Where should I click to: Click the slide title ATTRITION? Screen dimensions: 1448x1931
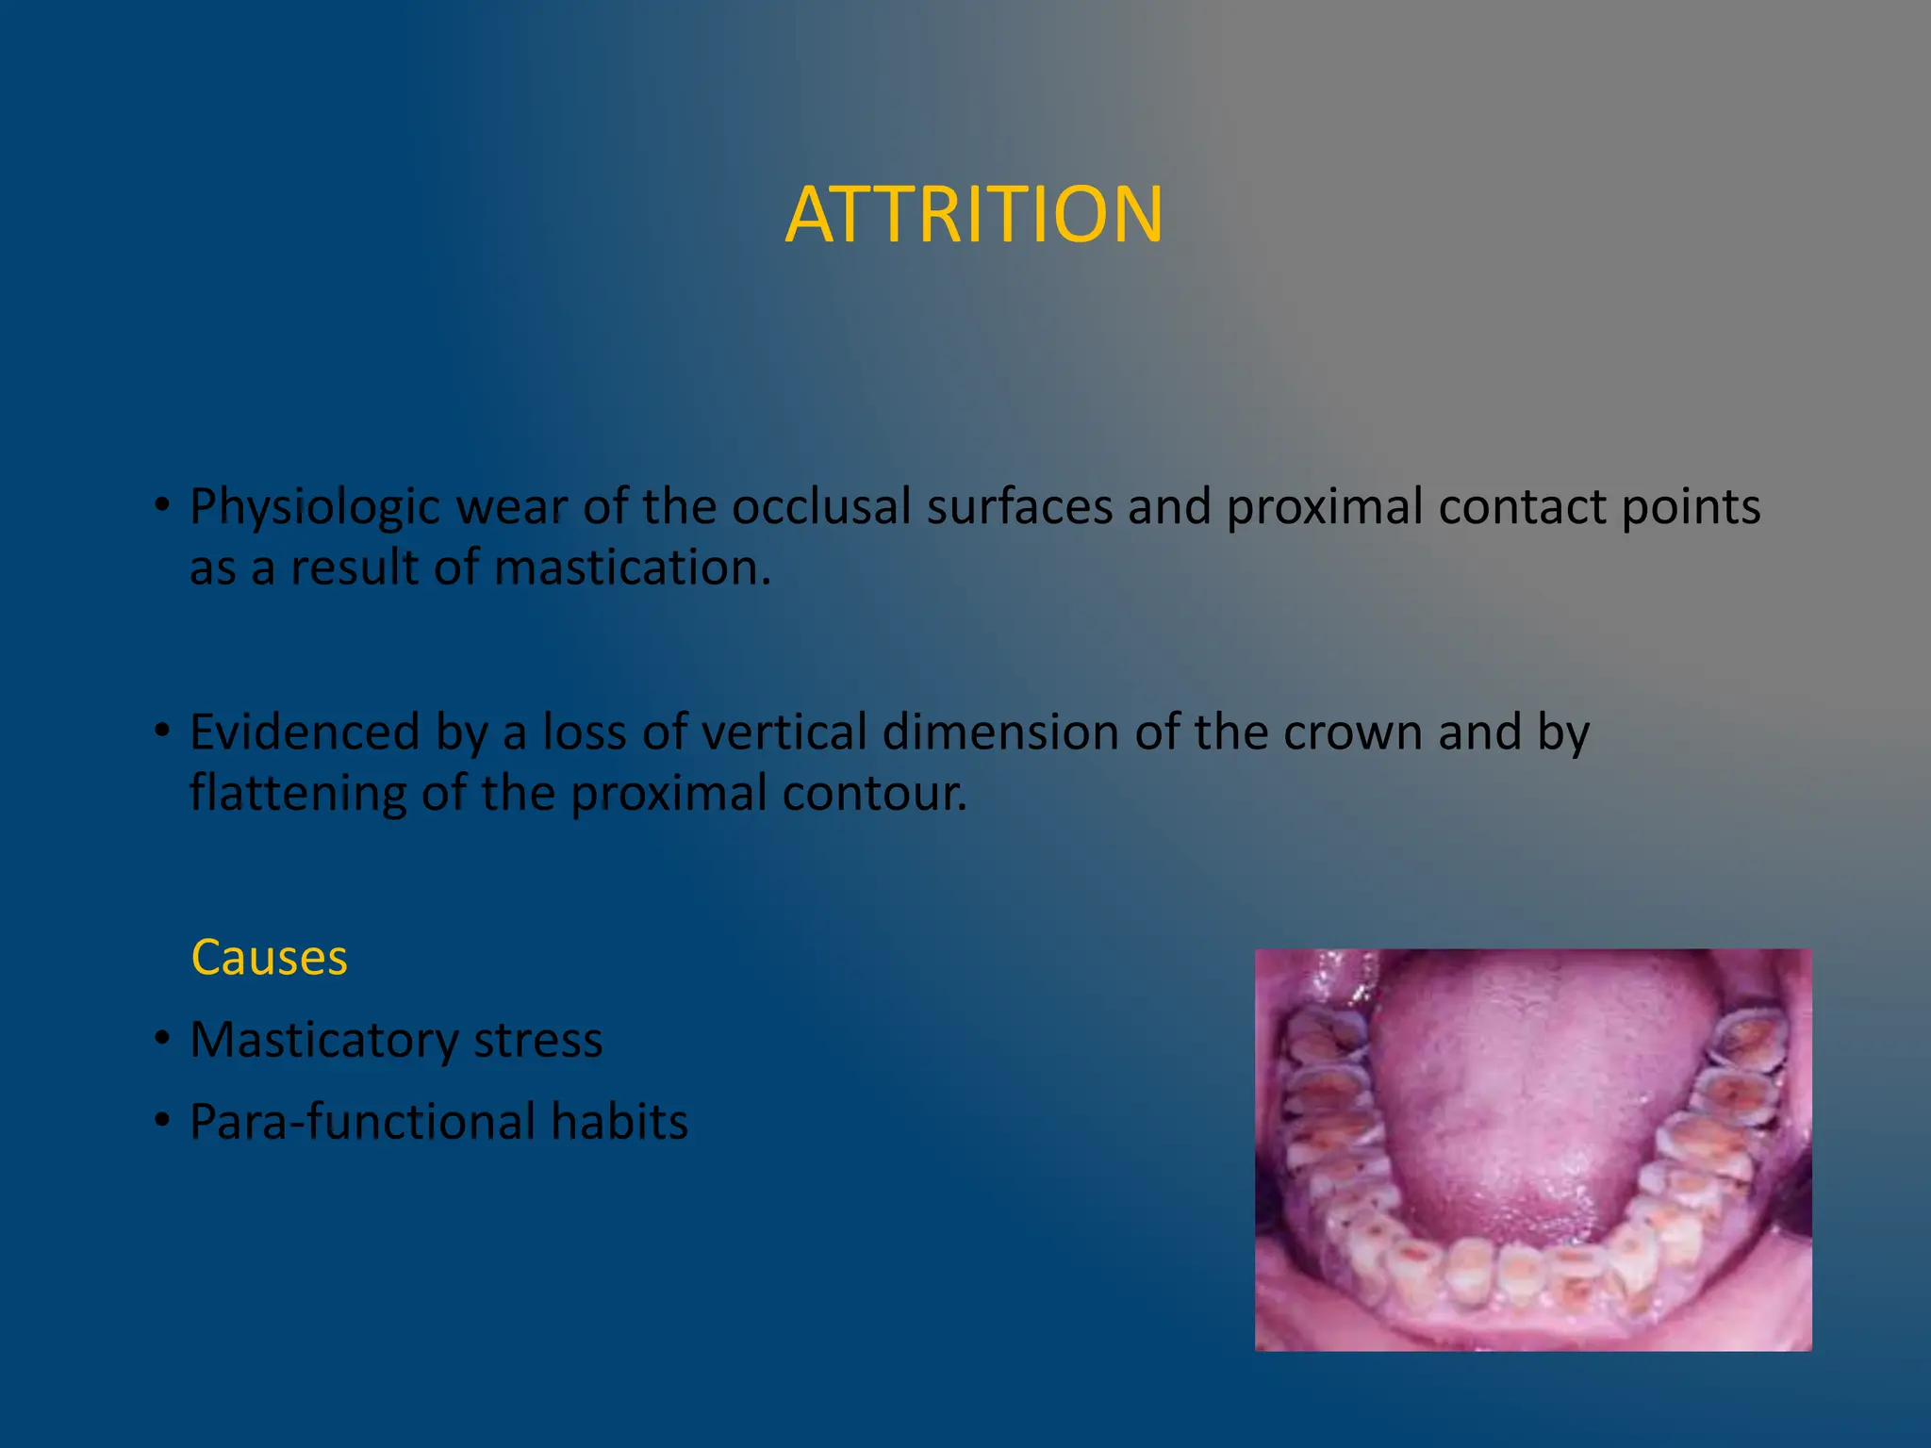[974, 215]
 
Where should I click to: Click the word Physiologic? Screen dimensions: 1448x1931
[315, 508]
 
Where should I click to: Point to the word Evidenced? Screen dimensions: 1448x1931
[304, 732]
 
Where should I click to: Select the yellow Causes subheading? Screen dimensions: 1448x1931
[269, 958]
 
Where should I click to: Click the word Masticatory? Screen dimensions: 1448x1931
[323, 1041]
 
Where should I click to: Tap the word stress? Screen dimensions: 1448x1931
[537, 1041]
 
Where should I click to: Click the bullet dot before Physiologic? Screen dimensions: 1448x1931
[163, 505]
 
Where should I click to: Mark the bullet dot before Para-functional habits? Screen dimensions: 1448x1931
[163, 1121]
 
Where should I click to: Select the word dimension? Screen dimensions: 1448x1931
[1000, 732]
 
